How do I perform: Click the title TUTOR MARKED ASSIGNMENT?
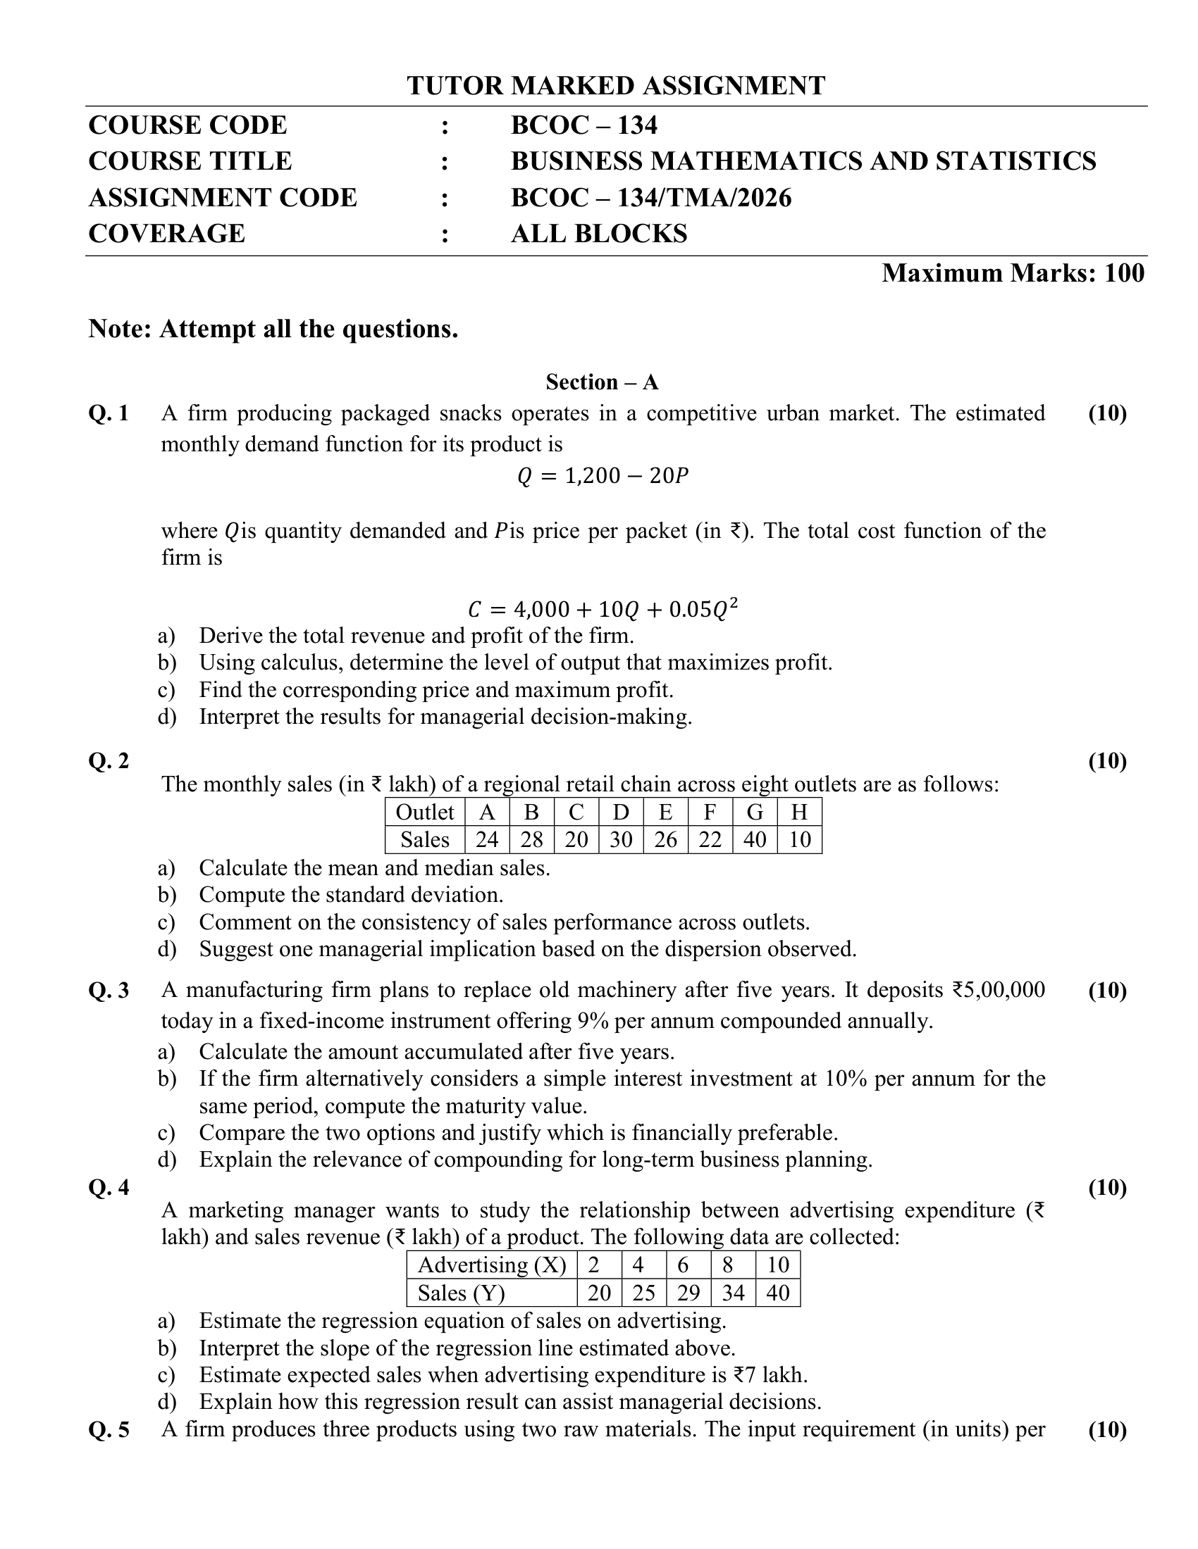(x=615, y=86)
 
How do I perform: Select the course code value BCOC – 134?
(x=583, y=125)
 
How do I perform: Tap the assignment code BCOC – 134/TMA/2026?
(x=651, y=198)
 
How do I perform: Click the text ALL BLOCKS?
(x=598, y=234)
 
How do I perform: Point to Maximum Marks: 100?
(x=1013, y=273)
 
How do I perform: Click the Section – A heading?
(x=602, y=382)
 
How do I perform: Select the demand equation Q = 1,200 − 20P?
(x=603, y=476)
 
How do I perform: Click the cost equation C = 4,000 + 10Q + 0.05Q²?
(x=603, y=608)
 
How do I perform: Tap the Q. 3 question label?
(x=109, y=990)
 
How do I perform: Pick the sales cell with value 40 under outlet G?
(x=755, y=840)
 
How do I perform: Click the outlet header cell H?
(x=799, y=812)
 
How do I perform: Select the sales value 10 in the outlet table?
(x=799, y=840)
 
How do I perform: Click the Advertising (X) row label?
(x=492, y=1265)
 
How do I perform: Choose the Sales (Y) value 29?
(x=688, y=1293)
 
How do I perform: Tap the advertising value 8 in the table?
(x=732, y=1265)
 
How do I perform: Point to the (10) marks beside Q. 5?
(x=1107, y=1429)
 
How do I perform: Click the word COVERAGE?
(x=167, y=234)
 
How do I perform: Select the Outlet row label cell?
(x=424, y=812)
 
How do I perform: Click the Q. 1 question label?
(x=109, y=413)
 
